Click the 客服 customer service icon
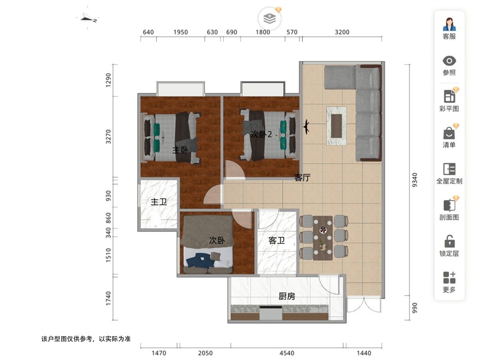click(x=449, y=24)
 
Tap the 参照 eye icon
click(x=449, y=61)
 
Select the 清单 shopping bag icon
click(x=449, y=133)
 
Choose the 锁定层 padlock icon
click(x=449, y=242)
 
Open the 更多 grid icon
click(x=449, y=278)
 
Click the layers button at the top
click(x=270, y=18)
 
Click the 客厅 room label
click(x=302, y=178)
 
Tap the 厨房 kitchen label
click(x=287, y=296)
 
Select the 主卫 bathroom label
click(x=159, y=202)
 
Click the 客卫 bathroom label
click(x=277, y=240)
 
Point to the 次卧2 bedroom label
click(x=261, y=134)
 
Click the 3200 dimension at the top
click(x=342, y=32)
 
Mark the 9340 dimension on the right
click(x=415, y=180)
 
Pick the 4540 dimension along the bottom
click(x=287, y=353)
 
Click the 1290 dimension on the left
click(x=108, y=80)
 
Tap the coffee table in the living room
click(x=336, y=126)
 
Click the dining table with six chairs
click(x=323, y=238)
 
